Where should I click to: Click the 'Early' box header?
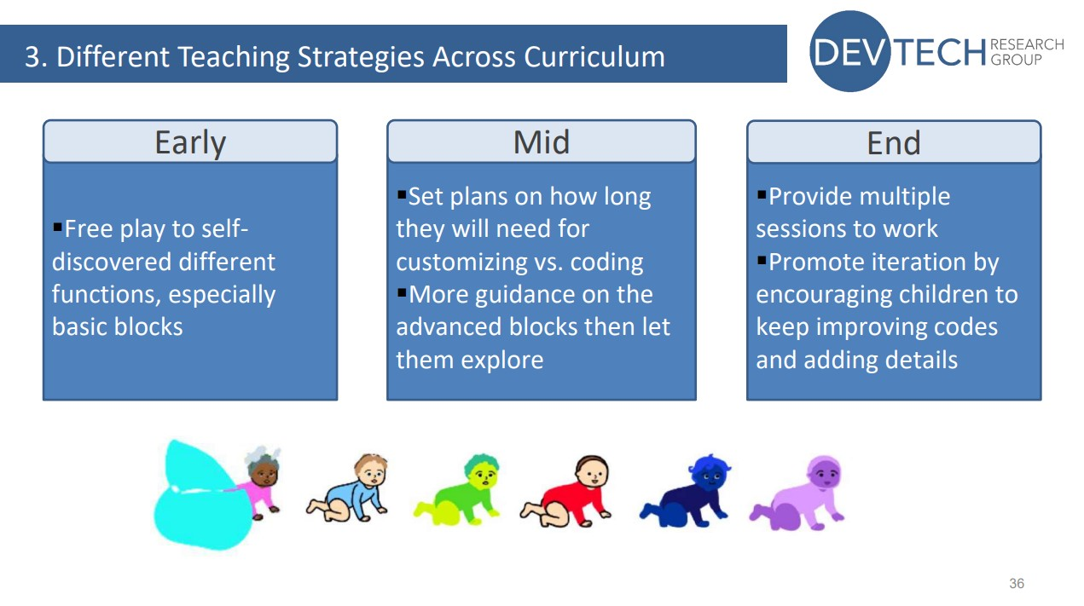tap(189, 141)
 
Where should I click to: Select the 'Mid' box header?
tap(541, 141)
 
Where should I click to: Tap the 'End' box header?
tap(893, 141)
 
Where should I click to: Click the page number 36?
tap(1016, 584)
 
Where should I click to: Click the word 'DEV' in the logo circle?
tap(849, 53)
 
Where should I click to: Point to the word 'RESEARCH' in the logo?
tap(1027, 44)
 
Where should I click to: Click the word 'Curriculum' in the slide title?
tap(594, 57)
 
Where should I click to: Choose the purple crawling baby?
tap(799, 494)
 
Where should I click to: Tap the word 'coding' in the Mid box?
tap(606, 263)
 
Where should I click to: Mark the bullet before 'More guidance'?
tap(402, 292)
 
